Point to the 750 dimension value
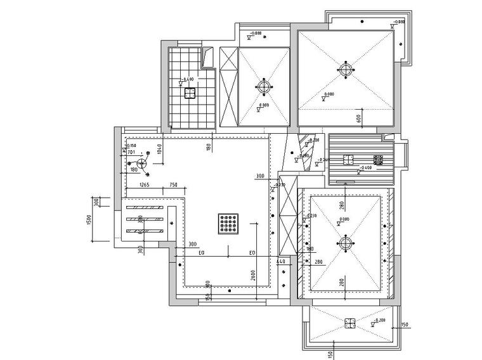coord(173,185)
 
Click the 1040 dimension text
coord(160,150)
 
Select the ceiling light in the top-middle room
coord(264,87)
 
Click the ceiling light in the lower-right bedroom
coord(345,243)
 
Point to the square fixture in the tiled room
coord(189,94)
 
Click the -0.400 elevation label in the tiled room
coord(187,79)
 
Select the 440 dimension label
coord(282,261)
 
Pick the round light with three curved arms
coord(143,164)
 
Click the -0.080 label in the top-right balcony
coord(399,22)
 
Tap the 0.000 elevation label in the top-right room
coord(329,94)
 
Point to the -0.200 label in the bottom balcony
coord(379,321)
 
